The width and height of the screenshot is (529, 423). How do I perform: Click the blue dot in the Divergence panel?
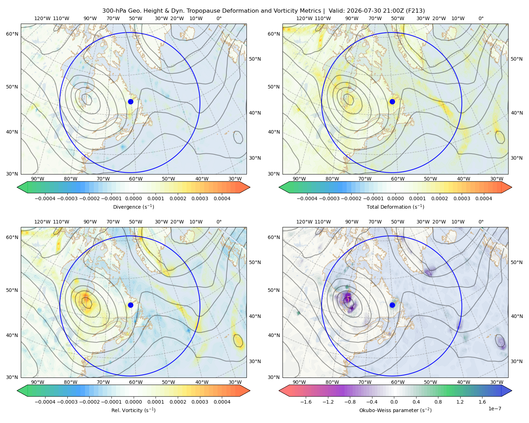click(x=130, y=102)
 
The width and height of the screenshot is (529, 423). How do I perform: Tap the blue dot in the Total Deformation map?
click(x=392, y=102)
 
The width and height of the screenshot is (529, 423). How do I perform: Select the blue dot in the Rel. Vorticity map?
click(x=130, y=305)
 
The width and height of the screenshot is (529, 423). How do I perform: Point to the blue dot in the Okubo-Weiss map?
click(x=392, y=305)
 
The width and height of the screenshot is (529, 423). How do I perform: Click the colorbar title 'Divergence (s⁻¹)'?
click(x=133, y=207)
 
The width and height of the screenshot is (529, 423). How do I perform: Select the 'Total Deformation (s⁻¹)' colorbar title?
click(x=395, y=207)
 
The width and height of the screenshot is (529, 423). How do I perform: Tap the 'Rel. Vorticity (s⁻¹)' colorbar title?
click(x=133, y=410)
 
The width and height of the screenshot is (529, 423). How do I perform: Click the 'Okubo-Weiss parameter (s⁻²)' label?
click(x=395, y=410)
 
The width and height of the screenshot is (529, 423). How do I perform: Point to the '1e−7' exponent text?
click(x=494, y=408)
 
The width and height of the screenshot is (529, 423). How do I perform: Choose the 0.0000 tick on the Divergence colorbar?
click(x=133, y=198)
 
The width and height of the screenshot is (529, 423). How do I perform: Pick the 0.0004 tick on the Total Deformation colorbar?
click(x=484, y=198)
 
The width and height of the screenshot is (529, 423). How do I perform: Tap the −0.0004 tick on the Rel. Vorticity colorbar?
click(x=45, y=401)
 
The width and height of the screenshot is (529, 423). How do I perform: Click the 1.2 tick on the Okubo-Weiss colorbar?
click(x=460, y=401)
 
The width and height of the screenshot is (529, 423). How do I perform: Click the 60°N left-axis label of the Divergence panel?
click(x=12, y=34)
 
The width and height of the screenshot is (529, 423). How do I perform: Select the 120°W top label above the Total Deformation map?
click(x=304, y=18)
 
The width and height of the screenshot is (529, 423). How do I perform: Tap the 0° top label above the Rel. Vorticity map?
click(x=219, y=221)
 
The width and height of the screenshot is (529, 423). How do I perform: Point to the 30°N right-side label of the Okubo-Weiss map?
click(x=517, y=361)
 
